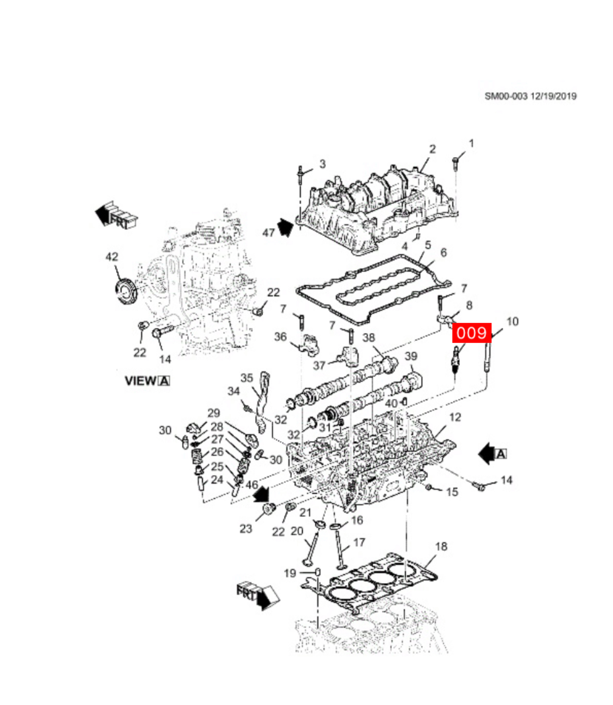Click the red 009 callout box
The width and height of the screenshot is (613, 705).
tap(471, 333)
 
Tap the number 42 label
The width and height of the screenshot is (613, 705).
tap(112, 257)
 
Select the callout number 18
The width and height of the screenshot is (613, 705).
tap(441, 546)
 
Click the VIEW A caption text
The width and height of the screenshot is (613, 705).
tap(147, 381)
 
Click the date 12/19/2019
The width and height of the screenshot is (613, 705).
tap(553, 96)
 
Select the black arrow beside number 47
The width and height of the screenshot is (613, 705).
tap(285, 227)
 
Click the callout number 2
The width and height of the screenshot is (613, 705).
tap(432, 149)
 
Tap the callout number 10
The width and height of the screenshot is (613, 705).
tap(512, 321)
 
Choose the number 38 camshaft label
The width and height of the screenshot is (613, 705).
tap(369, 337)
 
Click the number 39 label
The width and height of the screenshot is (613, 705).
tap(411, 356)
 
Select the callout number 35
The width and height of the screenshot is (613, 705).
tap(247, 378)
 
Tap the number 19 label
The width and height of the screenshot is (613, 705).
tap(290, 573)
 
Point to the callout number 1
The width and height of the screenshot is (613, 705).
tap(471, 143)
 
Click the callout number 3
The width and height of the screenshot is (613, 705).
tap(322, 163)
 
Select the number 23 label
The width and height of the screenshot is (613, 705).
tap(246, 529)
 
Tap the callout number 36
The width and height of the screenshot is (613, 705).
tap(280, 336)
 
